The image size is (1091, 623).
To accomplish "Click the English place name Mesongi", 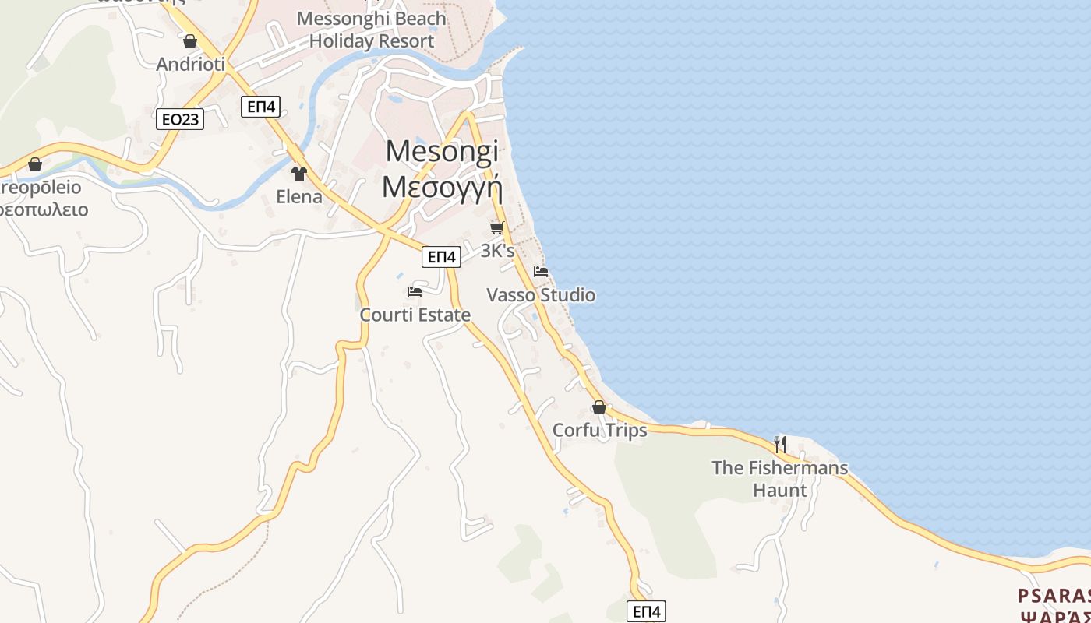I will pos(442,151).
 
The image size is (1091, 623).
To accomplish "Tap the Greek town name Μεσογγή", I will pos(442,188).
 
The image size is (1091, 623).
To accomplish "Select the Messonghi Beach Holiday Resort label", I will pos(372,30).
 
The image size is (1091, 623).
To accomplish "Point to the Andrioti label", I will pos(191,64).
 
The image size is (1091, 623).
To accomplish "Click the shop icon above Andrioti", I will pos(190,41).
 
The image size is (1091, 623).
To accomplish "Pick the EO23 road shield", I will pos(180,119).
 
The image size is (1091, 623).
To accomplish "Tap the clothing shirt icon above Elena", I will pos(299,173).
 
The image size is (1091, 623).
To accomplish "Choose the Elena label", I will pos(299,196).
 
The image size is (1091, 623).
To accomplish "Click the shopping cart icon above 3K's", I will pos(497,227).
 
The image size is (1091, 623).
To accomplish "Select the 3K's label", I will pos(497,251).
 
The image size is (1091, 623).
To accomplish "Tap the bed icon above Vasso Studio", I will pos(541,272).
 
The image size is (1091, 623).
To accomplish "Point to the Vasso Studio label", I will pos(541,295).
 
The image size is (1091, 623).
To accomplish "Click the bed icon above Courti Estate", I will pos(415,292).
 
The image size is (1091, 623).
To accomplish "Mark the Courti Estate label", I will pos(415,315).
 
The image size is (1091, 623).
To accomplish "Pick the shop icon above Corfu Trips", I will pos(599,407).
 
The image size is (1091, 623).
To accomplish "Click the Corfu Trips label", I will pos(599,431).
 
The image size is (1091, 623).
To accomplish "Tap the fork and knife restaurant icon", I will pos(779,444).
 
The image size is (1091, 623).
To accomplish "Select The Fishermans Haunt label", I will pos(779,479).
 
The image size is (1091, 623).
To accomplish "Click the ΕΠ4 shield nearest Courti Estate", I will pos(441,256).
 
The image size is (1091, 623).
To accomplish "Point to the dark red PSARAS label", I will pos(1054,597).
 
